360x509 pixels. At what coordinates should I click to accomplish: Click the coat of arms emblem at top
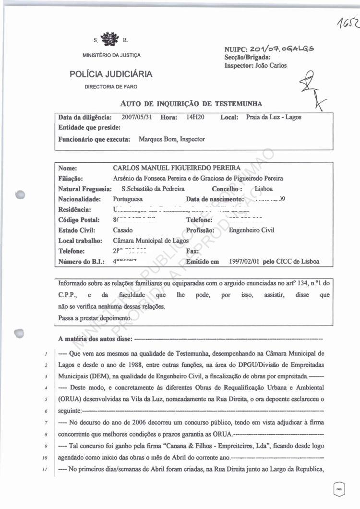click(x=111, y=38)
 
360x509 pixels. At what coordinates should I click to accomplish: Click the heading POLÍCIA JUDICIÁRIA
click(x=111, y=74)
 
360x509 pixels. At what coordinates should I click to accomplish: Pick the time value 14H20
click(x=195, y=117)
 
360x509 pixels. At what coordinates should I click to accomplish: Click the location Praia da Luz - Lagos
click(x=274, y=117)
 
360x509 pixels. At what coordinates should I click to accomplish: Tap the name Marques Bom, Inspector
click(x=172, y=139)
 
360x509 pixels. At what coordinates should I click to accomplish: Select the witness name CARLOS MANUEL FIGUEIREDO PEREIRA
click(x=177, y=168)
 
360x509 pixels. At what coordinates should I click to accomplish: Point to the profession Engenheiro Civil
click(x=252, y=230)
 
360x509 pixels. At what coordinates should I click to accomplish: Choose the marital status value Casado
click(x=123, y=230)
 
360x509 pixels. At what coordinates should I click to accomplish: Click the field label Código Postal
click(x=78, y=220)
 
